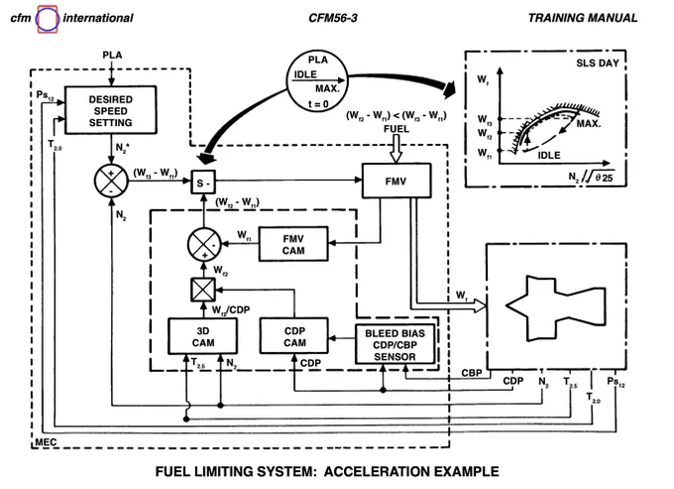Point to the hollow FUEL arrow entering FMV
(x=395, y=149)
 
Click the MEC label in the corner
(x=46, y=441)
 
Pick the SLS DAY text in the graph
(x=598, y=63)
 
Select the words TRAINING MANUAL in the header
(x=583, y=18)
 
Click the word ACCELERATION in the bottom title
(x=376, y=471)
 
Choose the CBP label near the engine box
(x=472, y=373)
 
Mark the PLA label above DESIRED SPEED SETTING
(x=112, y=56)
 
